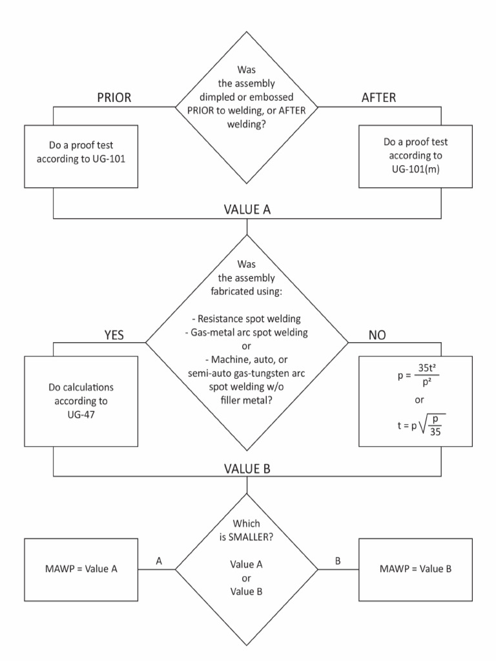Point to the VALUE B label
(x=247, y=469)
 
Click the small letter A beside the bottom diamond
(x=160, y=562)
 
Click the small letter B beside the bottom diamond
(x=336, y=562)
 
